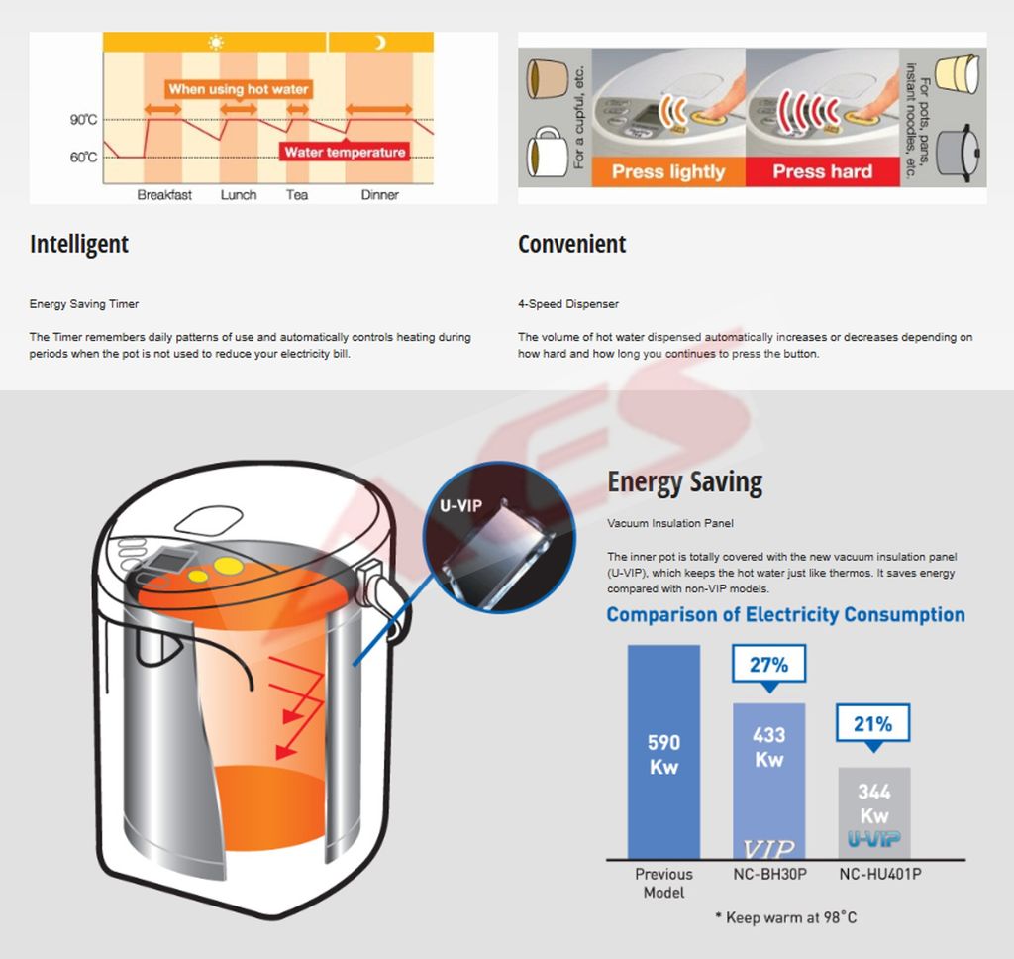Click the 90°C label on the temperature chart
[83, 120]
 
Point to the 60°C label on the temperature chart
[83, 158]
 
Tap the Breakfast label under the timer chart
[164, 195]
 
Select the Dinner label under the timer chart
[379, 195]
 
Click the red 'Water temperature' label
[345, 152]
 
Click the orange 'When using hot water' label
[239, 89]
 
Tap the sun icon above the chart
[215, 43]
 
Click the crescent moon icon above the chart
[380, 42]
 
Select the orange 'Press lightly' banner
[668, 171]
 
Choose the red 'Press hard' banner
[823, 171]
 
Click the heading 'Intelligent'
[79, 244]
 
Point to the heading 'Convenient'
[571, 244]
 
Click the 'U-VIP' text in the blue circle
[461, 505]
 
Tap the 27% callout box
[768, 665]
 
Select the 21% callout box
[873, 723]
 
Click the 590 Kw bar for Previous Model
[664, 752]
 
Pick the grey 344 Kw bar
[874, 813]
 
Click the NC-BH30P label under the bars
[769, 874]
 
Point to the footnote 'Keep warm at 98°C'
[785, 917]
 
